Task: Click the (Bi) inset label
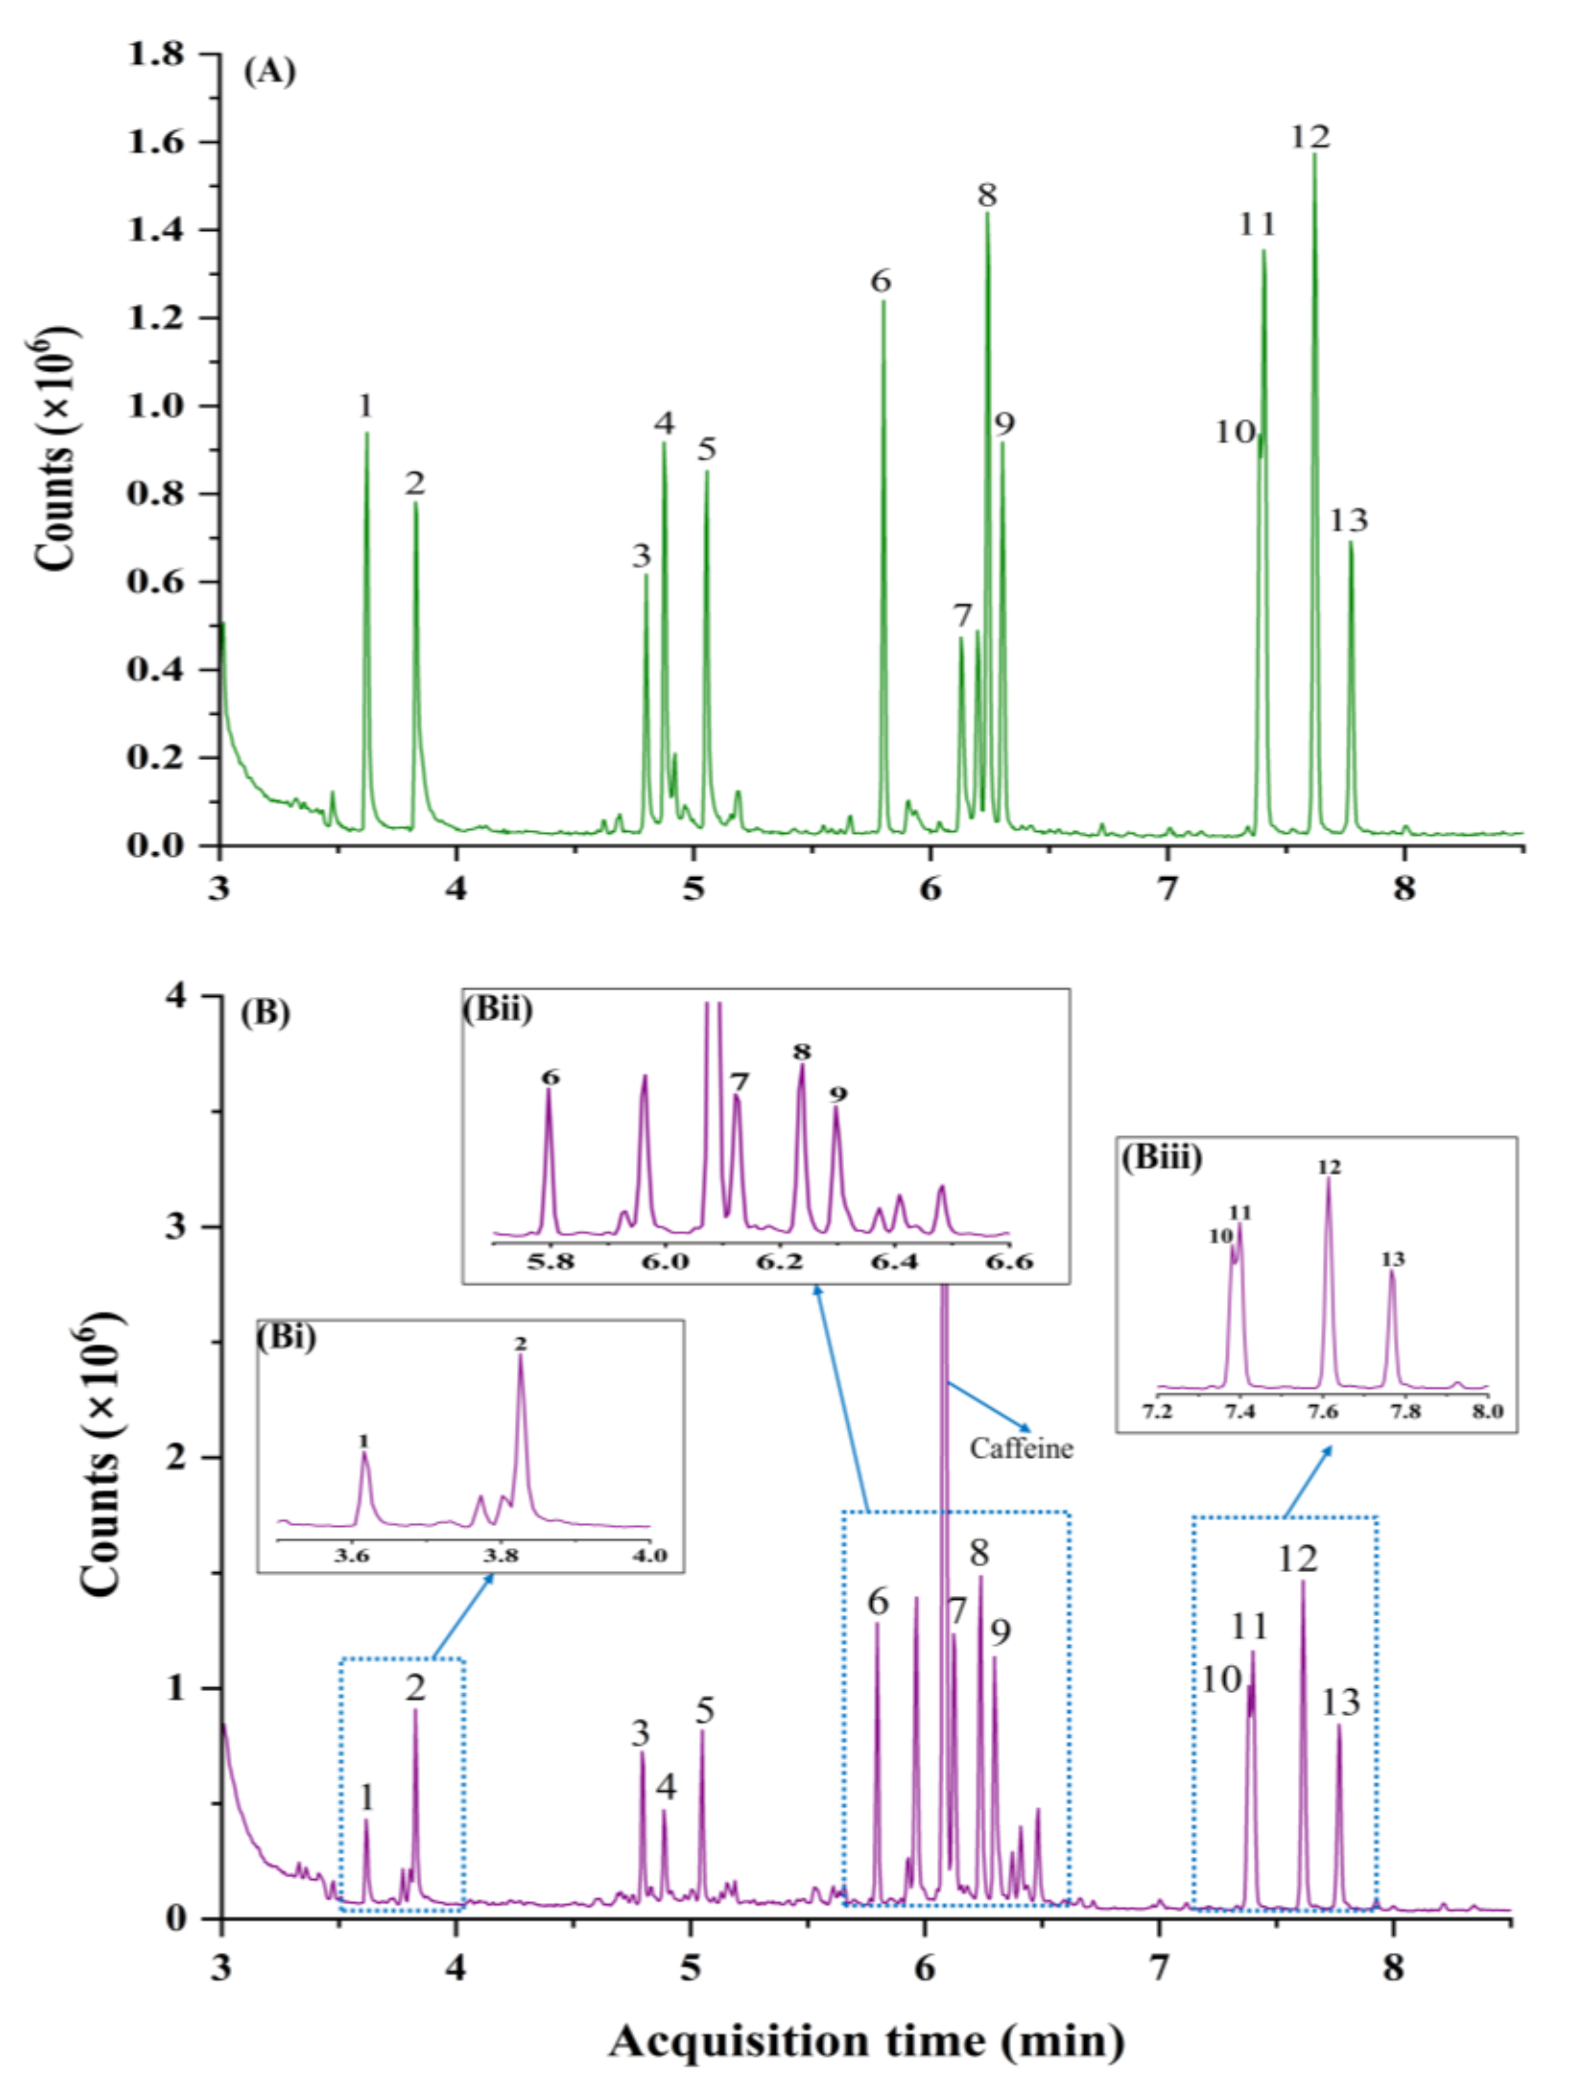tap(287, 1338)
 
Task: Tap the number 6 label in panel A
tap(881, 281)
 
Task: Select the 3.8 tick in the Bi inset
tap(501, 1554)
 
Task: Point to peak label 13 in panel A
tap(1348, 520)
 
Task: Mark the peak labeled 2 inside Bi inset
tap(519, 1358)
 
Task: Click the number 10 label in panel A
tap(1234, 433)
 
